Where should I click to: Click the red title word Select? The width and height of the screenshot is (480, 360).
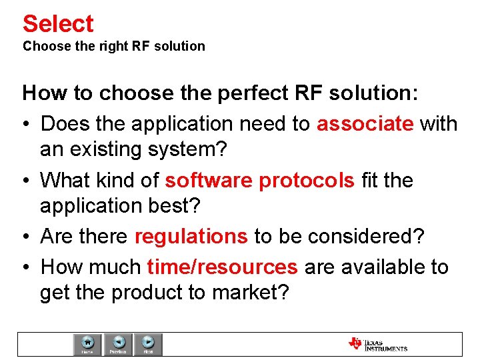pos(58,23)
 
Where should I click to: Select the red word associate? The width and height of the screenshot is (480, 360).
pos(365,124)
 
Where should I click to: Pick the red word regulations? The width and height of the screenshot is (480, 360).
pos(191,237)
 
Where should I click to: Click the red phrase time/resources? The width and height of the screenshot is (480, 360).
pos(222,267)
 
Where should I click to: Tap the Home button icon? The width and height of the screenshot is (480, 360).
pos(87,344)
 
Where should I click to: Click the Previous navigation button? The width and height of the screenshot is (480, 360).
pos(118,344)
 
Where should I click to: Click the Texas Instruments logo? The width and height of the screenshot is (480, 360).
pos(377,344)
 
